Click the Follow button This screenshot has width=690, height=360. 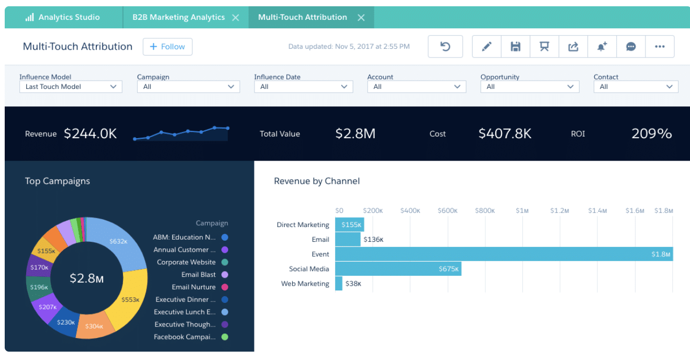point(168,47)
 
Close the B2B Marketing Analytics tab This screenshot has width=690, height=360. point(236,18)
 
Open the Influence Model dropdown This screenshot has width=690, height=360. point(71,87)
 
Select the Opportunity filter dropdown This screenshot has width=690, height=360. point(529,87)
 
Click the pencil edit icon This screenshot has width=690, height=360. point(487,47)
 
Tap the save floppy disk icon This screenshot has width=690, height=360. point(516,47)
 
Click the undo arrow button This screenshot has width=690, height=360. point(445,47)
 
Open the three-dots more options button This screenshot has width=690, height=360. point(660,47)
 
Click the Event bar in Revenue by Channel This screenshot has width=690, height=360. point(503,254)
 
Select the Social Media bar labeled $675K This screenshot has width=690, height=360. point(398,269)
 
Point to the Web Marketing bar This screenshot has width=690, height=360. point(339,284)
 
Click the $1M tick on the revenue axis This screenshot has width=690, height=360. point(522,210)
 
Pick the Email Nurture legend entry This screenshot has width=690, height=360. point(194,287)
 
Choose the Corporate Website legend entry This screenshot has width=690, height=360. point(186,262)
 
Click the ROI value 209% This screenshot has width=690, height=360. point(651,134)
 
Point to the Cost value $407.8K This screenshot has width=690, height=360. point(505,134)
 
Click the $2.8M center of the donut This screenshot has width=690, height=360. point(87,278)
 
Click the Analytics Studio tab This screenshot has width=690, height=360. point(63,17)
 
